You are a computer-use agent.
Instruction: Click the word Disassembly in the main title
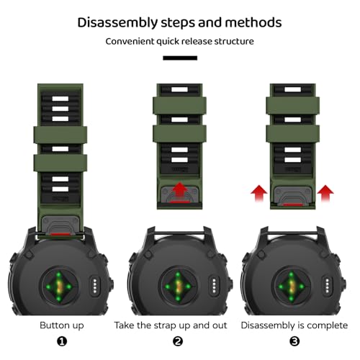point(117,23)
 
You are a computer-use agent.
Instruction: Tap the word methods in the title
point(253,22)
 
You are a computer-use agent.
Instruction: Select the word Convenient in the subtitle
point(130,41)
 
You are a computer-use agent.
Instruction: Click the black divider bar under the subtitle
point(180,58)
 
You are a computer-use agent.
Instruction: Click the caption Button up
point(62,325)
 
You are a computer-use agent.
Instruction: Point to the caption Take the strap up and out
point(171,325)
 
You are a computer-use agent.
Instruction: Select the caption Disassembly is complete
point(294,325)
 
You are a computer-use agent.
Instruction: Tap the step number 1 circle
point(62,341)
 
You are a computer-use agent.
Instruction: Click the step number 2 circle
point(178,341)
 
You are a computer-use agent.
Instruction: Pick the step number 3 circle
point(294,341)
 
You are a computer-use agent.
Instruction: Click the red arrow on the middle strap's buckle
point(180,191)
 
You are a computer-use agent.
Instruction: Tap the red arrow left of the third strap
point(258,193)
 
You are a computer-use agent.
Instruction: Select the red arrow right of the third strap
point(325,193)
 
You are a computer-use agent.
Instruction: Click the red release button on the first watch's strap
point(60,234)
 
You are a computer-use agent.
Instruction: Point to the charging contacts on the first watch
point(95,286)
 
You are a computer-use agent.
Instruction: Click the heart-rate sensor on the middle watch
point(178,287)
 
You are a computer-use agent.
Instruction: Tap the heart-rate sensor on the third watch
point(291,287)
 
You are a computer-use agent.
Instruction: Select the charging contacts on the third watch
point(327,286)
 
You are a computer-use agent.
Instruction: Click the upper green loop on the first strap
point(60,135)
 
